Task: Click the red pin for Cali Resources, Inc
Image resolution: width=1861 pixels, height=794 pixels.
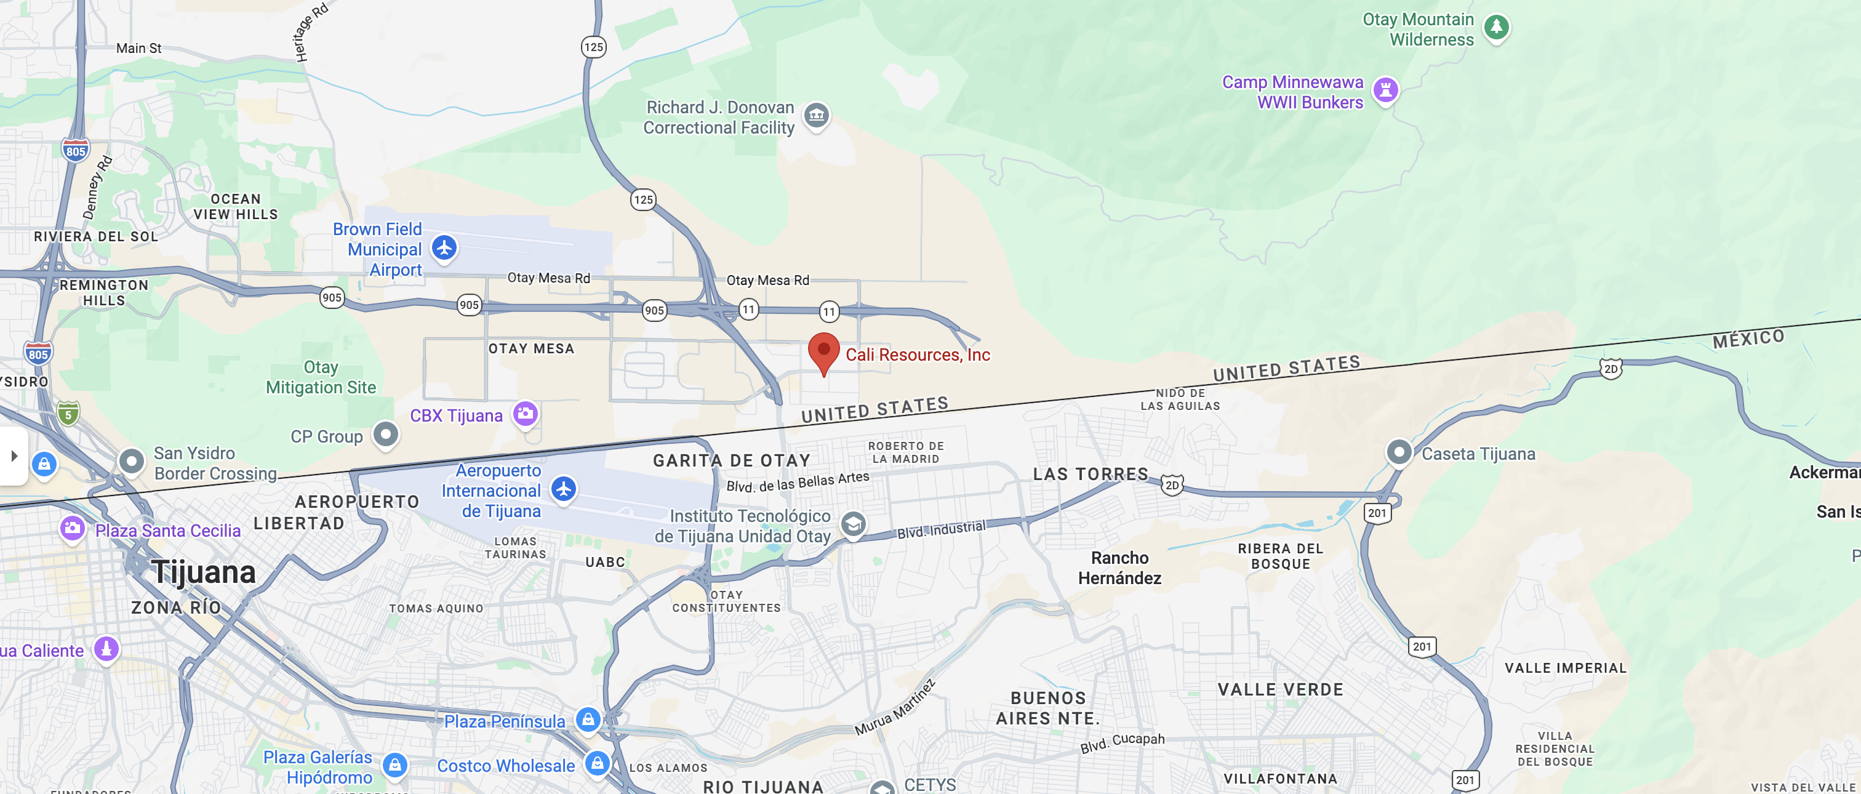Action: coord(823,351)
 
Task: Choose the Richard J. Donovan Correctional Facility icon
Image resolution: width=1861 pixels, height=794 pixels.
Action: coord(817,115)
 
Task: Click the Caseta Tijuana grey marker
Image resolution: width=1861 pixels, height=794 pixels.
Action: coord(1399,453)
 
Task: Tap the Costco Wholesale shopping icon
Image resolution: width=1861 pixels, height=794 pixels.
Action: coord(598,763)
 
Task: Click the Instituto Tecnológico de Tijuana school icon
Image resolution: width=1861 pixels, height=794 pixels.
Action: coord(853,524)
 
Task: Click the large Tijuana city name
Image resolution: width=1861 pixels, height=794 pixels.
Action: coord(203,572)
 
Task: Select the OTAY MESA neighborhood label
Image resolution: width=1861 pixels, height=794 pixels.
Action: coord(531,348)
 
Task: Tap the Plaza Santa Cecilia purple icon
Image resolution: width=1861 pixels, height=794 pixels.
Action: coord(72,528)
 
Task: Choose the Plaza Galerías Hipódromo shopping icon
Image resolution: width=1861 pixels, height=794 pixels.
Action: coord(394,764)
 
